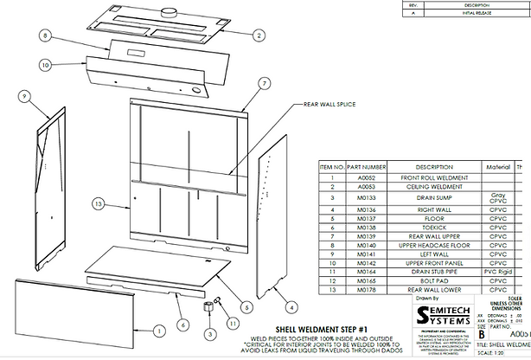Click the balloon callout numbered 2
pos(258,35)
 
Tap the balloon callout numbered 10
pos(45,64)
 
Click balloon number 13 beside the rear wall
pos(98,202)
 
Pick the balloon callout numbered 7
pos(265,83)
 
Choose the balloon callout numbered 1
pos(158,330)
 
